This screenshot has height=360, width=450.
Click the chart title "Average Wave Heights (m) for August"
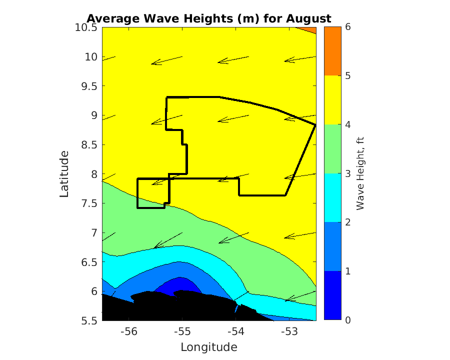208,18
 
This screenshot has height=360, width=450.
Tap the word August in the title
308,18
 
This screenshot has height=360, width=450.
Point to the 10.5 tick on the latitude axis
87,27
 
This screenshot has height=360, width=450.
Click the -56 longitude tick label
129,331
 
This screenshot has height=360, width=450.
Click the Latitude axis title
64,173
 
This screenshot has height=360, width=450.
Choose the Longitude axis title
208,347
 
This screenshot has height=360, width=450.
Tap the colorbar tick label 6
348,27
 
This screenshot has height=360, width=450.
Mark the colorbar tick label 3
348,173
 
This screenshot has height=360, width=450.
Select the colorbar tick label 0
348,320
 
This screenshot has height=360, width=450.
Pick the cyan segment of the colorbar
332,198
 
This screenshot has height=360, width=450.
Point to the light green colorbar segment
332,149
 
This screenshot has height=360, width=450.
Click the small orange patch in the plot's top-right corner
311,29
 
